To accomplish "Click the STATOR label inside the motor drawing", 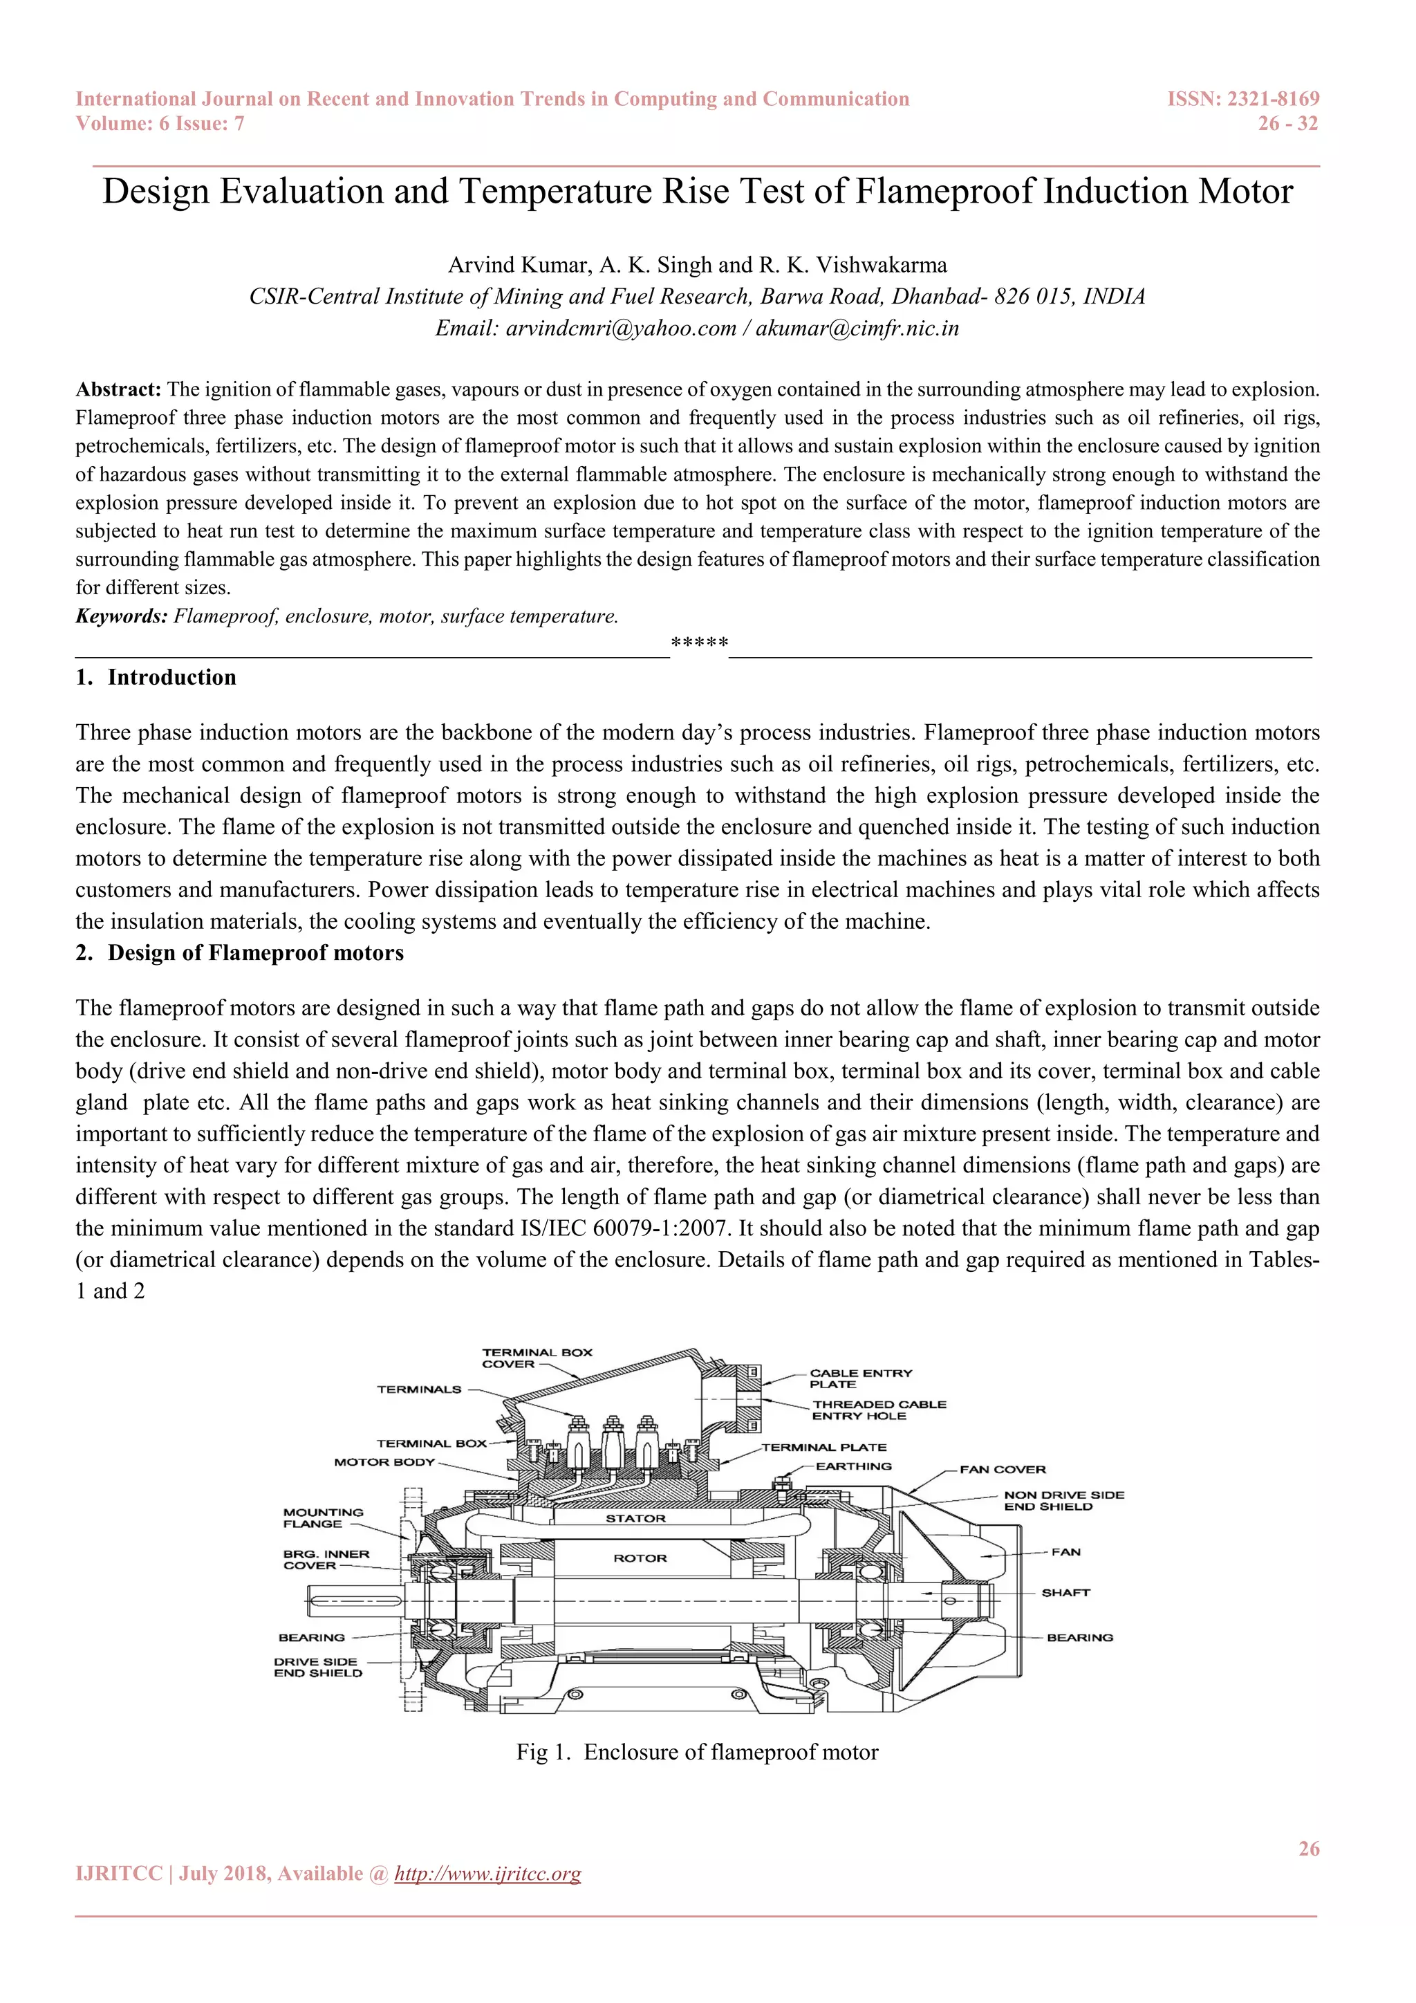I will pos(635,1519).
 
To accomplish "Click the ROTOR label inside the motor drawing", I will pos(640,1558).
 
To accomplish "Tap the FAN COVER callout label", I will pos(1002,1470).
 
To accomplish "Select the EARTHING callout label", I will pos(854,1466).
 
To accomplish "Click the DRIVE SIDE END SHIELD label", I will pos(317,1667).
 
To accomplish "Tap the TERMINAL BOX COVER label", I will pos(537,1358).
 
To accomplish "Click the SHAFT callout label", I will pos(1065,1593).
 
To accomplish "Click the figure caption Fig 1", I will pos(697,1752).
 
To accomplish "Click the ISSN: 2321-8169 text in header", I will pos(1242,100).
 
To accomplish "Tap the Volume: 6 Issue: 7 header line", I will pos(160,124).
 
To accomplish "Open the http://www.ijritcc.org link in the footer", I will pos(487,1874).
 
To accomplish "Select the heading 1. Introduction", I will pos(156,678).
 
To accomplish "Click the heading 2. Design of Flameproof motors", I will pos(240,952).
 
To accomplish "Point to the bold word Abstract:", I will pos(119,389).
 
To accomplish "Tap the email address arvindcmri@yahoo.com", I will pos(621,329).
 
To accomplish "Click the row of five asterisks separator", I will pos(699,644).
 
